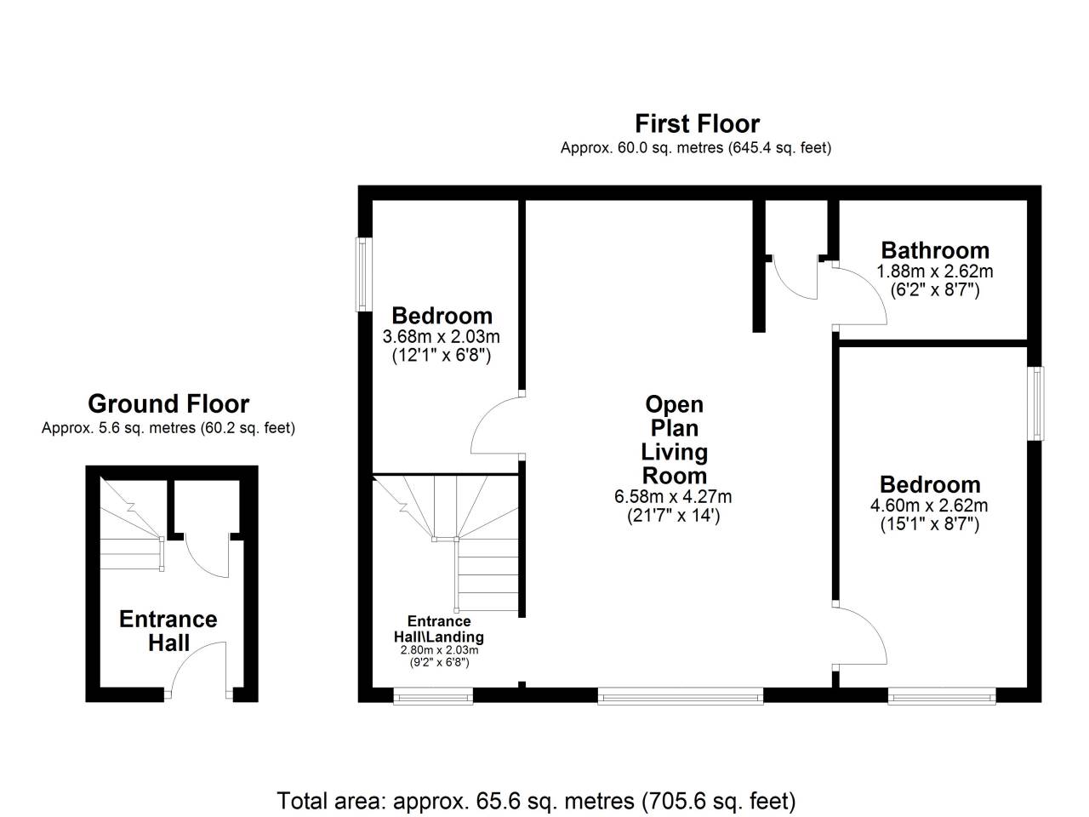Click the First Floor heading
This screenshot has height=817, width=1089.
point(697,123)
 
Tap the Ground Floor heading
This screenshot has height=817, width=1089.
point(168,403)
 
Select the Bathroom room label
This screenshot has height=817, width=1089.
point(935,250)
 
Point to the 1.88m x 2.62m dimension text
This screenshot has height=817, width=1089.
point(935,271)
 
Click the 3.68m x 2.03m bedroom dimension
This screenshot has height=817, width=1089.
point(441,337)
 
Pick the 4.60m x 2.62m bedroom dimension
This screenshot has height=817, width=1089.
point(929,506)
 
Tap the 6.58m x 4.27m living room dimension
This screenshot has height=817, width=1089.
point(673,496)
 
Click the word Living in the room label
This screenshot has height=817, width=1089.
point(674,453)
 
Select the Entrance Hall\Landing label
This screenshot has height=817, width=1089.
point(438,629)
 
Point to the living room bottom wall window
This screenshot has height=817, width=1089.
point(680,695)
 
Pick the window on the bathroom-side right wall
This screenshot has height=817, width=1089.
point(1036,403)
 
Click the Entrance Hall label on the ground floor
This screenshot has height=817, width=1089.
point(168,631)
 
